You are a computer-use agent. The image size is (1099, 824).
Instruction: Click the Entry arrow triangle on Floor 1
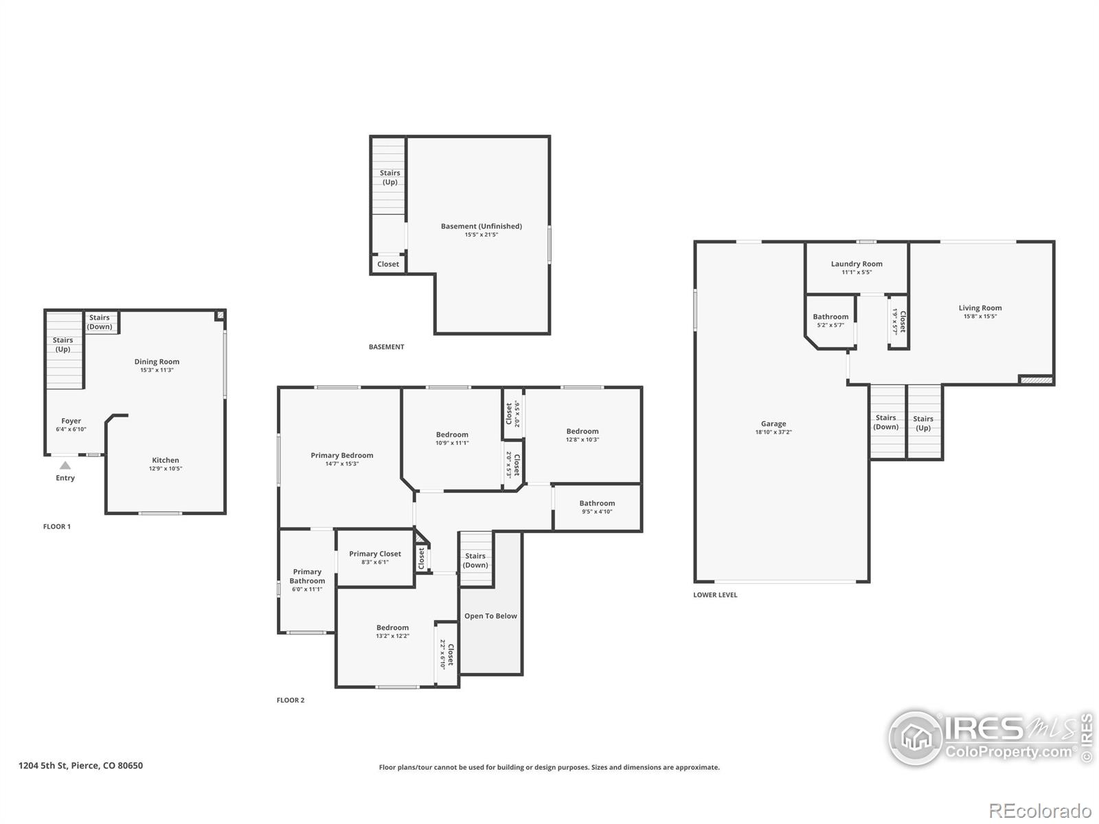coord(65,466)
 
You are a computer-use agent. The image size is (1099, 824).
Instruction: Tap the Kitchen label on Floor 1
coord(166,460)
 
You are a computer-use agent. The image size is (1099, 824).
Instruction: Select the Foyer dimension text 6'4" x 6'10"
coord(71,429)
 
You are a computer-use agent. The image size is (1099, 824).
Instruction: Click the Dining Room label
coord(157,361)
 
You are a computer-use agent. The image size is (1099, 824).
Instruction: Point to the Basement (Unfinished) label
coord(481,226)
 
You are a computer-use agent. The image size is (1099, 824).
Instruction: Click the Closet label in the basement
coord(388,264)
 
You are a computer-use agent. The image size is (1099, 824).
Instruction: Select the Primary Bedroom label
coord(342,455)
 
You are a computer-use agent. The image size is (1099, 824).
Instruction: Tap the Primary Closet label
coord(375,553)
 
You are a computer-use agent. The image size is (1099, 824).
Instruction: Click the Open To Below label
coord(490,616)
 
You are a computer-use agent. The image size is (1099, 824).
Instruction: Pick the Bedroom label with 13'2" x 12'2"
coord(392,628)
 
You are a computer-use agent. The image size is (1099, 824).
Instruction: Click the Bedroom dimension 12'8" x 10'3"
coord(582,439)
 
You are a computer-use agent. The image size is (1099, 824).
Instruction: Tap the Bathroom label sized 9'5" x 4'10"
coord(597,503)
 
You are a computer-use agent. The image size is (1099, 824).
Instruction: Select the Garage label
coord(773,424)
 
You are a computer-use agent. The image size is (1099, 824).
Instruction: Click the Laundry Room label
coord(857,264)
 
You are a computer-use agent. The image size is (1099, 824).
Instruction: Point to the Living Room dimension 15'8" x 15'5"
coord(980,317)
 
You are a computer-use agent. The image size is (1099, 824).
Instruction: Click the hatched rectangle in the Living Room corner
coord(1036,379)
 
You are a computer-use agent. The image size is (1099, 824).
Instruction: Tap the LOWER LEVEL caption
coord(715,595)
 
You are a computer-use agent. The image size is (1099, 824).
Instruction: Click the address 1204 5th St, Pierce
coord(80,766)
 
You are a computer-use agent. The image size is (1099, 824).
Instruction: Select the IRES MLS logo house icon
coord(916,738)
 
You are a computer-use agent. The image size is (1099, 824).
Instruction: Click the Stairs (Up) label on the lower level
coord(923,423)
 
